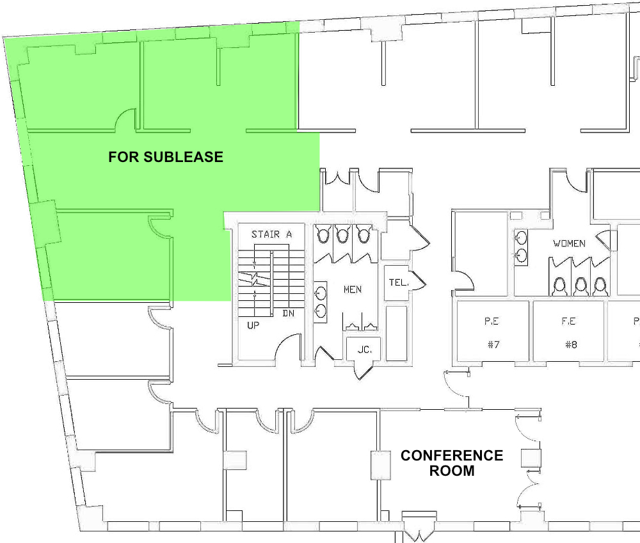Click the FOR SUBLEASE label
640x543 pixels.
tap(166, 157)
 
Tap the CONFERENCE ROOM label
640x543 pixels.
tap(452, 463)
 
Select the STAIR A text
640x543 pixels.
tap(271, 234)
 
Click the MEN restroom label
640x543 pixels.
tap(353, 289)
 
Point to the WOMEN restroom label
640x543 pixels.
tap(570, 244)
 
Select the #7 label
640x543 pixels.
tap(493, 344)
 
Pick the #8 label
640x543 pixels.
tap(571, 344)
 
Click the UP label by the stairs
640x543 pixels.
tap(254, 325)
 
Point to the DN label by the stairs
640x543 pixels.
tap(289, 314)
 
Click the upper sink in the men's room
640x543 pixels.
tap(320, 294)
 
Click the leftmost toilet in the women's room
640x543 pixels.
tap(561, 285)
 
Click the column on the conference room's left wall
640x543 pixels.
tap(380, 466)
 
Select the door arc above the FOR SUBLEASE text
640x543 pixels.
tap(125, 119)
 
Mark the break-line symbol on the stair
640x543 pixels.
tap(255, 279)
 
